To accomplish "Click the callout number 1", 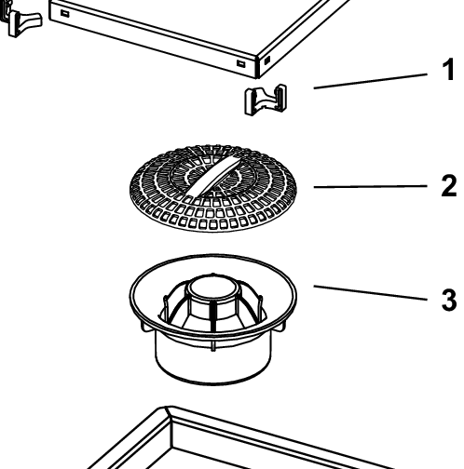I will [x=447, y=71].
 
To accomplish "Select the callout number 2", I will [x=447, y=186].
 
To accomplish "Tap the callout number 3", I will [x=447, y=301].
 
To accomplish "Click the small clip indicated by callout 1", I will [x=265, y=99].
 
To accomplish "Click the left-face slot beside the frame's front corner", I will [x=240, y=63].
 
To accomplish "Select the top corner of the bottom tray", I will [x=168, y=410].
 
